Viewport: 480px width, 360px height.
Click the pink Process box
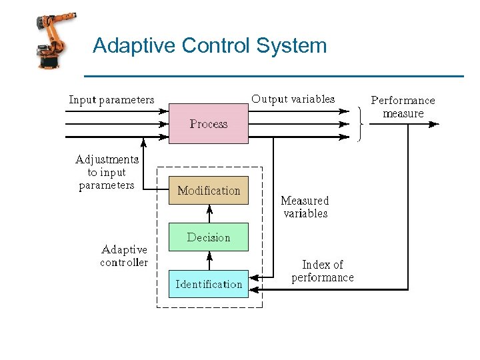(208, 124)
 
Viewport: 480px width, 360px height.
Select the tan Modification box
(208, 191)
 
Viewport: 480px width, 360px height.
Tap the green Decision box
(208, 237)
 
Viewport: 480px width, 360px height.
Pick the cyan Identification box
(208, 284)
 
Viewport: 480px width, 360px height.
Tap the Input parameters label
(111, 101)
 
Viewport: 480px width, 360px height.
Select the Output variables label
(293, 99)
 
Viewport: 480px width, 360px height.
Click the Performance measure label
(403, 107)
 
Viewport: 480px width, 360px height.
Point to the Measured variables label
(305, 207)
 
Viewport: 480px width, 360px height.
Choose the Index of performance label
(323, 271)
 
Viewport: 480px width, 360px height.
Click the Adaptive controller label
(124, 256)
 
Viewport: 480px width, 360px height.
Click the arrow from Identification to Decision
(209, 261)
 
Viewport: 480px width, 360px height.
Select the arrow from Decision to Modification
(209, 214)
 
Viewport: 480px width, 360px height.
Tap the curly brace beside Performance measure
(361, 124)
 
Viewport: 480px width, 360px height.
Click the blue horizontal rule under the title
(274, 76)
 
